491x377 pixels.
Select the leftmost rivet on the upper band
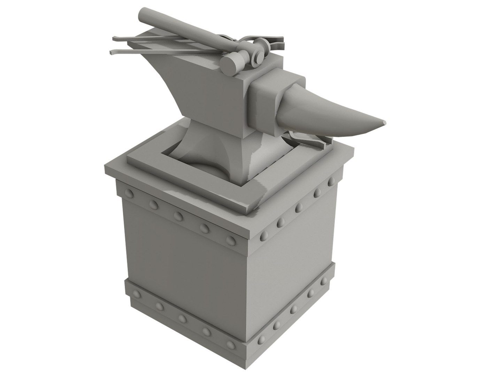pyautogui.click(x=130, y=193)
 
